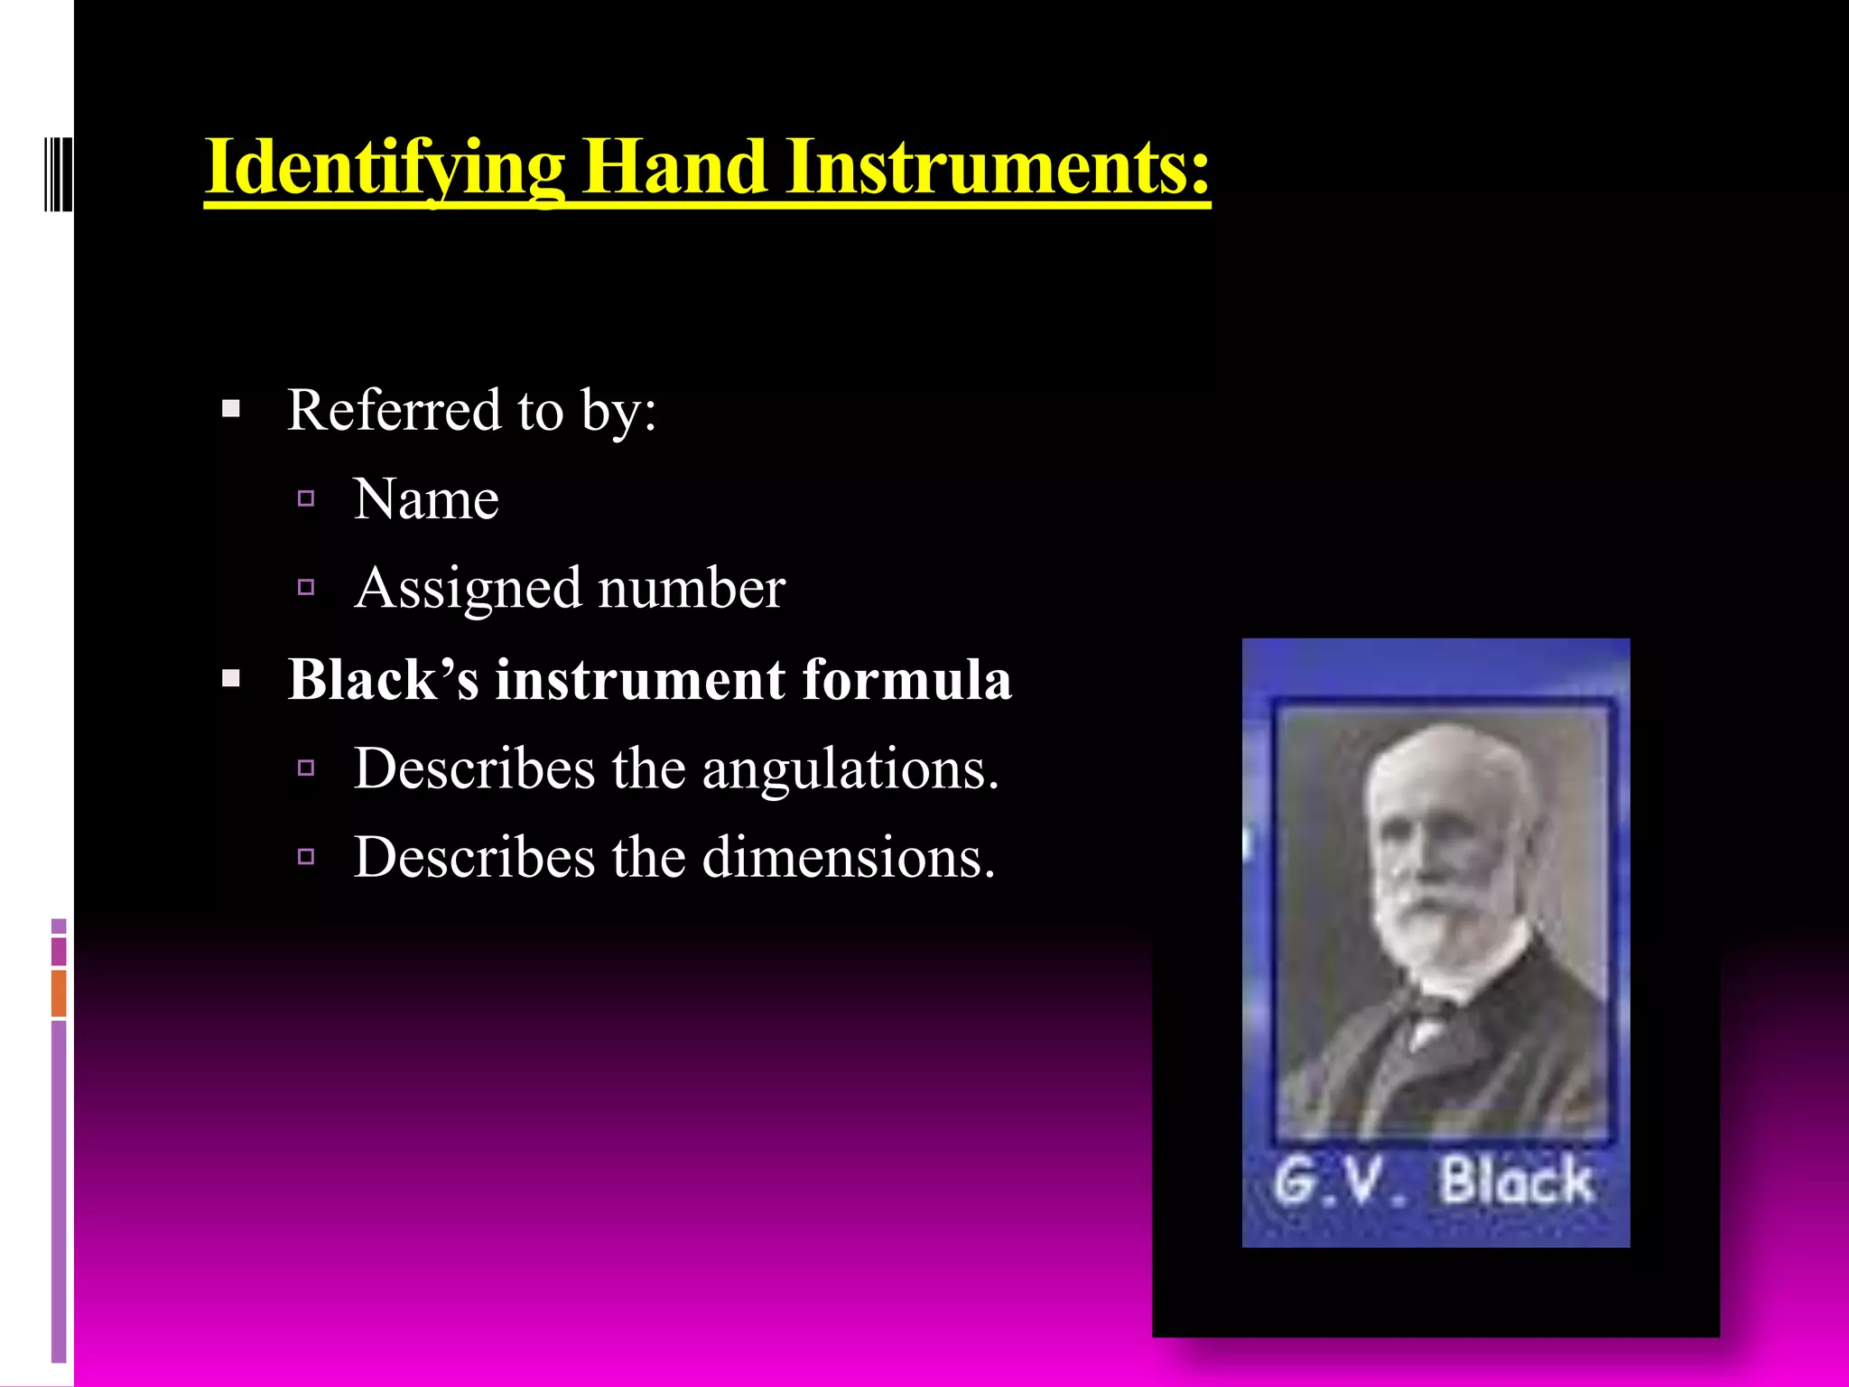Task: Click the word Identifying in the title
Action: point(385,168)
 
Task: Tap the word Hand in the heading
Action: point(674,168)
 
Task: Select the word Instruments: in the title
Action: point(997,168)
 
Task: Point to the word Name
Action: point(426,499)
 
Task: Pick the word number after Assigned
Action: point(692,589)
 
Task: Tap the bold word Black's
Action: point(383,679)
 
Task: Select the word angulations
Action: point(850,768)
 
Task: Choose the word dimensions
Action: point(849,857)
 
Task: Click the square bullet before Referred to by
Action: point(231,410)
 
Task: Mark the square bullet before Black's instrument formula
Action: point(231,679)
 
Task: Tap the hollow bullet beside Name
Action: point(306,498)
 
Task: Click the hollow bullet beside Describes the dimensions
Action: point(306,856)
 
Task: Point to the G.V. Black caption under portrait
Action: point(1434,1181)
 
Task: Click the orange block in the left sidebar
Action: point(59,992)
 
